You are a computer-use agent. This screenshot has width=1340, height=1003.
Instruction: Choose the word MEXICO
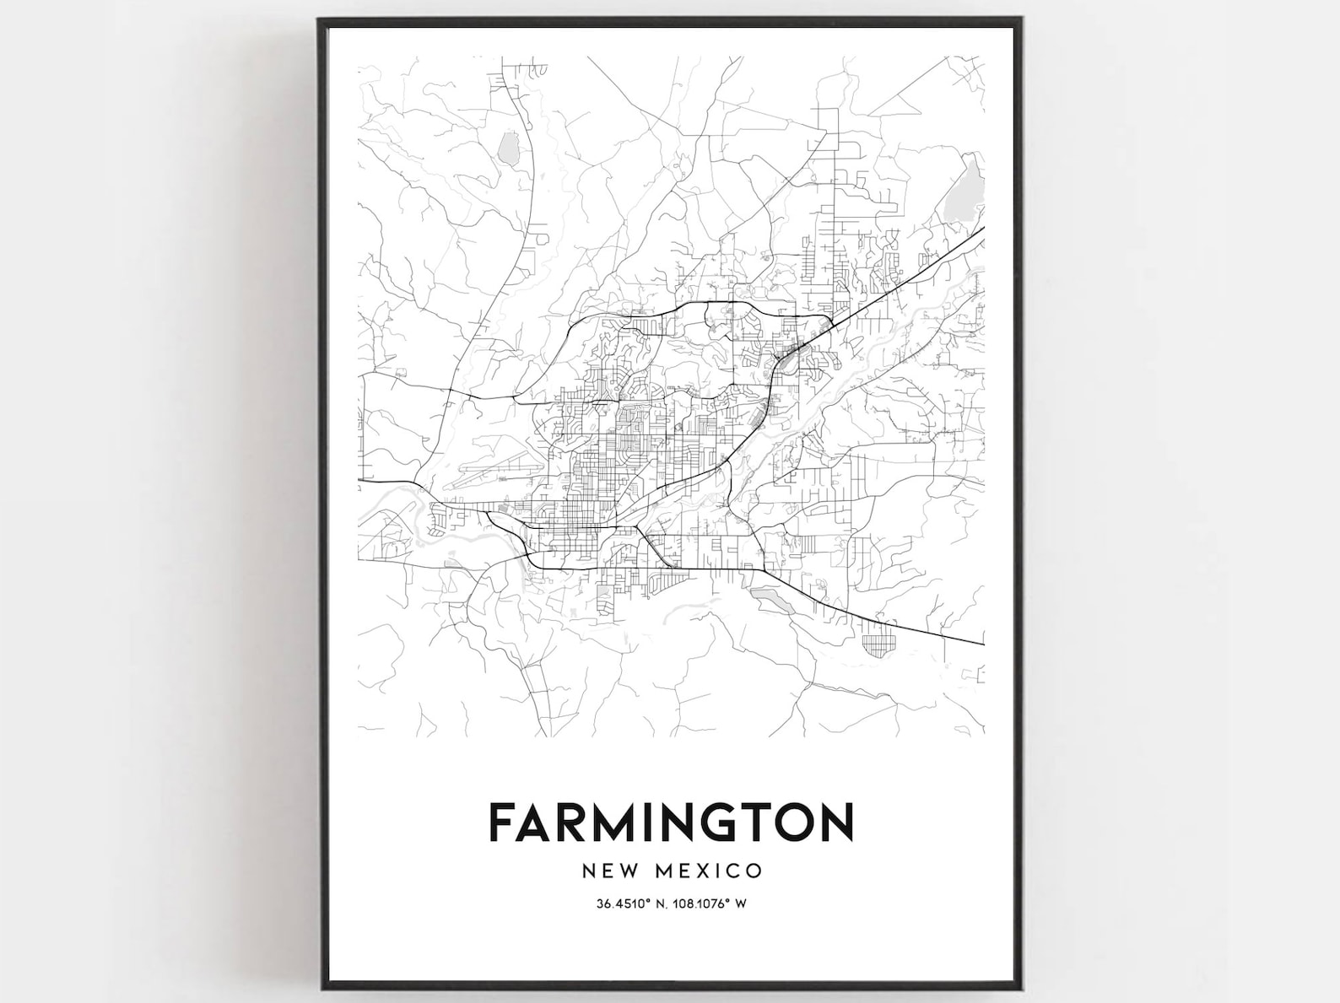pos(710,870)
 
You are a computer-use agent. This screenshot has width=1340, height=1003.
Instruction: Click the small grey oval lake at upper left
pos(510,148)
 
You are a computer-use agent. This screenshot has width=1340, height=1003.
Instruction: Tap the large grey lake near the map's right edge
pos(965,194)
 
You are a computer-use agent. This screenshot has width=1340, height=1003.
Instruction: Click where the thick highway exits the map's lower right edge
pos(982,644)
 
